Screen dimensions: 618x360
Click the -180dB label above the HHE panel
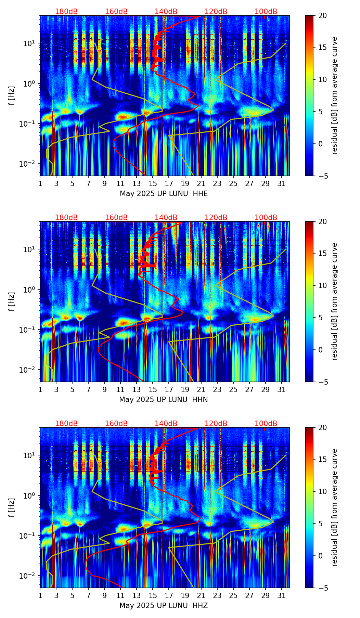(65, 12)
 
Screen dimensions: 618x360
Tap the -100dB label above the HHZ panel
(265, 424)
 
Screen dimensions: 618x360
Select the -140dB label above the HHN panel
(165, 218)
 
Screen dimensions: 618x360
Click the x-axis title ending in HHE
(164, 194)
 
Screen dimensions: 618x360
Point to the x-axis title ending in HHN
(164, 400)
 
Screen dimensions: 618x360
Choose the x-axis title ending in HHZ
(164, 606)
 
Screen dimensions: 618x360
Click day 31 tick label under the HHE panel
(282, 184)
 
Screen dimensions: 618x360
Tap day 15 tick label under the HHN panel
(153, 390)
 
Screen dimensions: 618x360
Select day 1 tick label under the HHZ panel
(40, 596)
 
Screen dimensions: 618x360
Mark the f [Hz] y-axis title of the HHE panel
(12, 96)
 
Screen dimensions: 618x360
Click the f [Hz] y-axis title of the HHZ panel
(12, 508)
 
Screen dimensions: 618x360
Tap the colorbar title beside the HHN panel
(334, 301)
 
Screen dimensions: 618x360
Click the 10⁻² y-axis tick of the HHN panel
(28, 370)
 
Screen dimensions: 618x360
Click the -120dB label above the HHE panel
(215, 12)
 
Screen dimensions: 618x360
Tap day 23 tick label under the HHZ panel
(217, 596)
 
